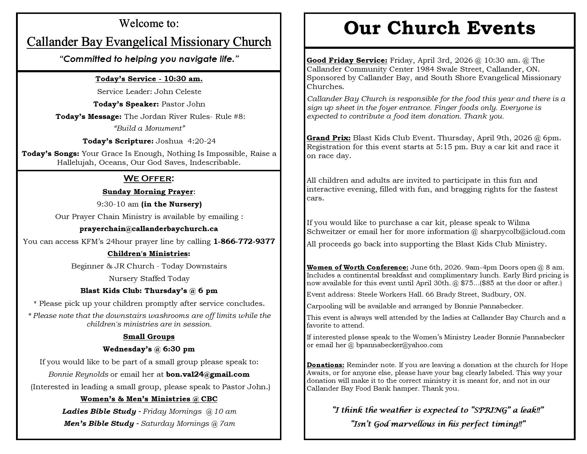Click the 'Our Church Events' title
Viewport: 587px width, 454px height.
(439, 28)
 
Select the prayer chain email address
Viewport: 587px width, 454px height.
(149, 229)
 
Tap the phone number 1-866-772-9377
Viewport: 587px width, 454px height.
(244, 241)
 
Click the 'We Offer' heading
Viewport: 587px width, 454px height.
(149, 178)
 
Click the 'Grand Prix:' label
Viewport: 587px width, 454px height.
(329, 138)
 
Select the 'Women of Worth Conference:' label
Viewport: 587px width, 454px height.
(358, 267)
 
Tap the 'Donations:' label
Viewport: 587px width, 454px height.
(326, 365)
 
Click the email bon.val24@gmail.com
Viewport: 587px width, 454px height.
(208, 374)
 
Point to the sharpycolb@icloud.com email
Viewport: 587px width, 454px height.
(523, 232)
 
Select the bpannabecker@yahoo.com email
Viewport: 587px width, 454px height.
(400, 345)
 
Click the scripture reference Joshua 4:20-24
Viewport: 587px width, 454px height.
(185, 141)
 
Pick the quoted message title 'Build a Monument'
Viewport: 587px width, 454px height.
(149, 128)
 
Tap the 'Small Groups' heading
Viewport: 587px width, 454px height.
(149, 336)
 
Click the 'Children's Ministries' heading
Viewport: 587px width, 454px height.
(148, 254)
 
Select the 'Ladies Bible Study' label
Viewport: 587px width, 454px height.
(99, 412)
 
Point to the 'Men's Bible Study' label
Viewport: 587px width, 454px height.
(99, 424)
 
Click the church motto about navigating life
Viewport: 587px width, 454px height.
(149, 59)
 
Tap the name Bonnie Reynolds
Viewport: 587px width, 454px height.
(78, 374)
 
